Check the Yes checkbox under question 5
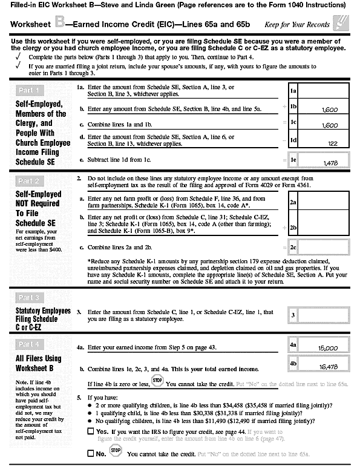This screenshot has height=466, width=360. click(90, 431)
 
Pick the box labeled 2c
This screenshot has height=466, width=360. click(293, 248)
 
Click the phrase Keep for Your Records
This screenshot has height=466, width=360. click(297, 25)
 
